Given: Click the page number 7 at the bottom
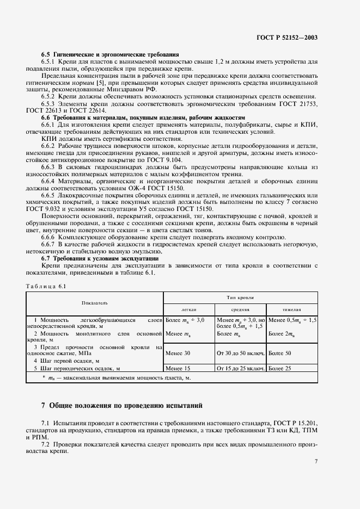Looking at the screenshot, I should coord(316,461).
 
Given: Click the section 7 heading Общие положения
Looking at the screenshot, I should coord(121,405).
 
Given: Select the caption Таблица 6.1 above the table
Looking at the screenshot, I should coord(46,285).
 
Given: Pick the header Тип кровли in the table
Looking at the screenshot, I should coord(241,297).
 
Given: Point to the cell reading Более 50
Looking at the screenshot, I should coord(280,353).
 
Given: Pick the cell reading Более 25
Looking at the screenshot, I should coord(280,368).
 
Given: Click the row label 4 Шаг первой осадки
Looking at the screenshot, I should coord(66,361).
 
